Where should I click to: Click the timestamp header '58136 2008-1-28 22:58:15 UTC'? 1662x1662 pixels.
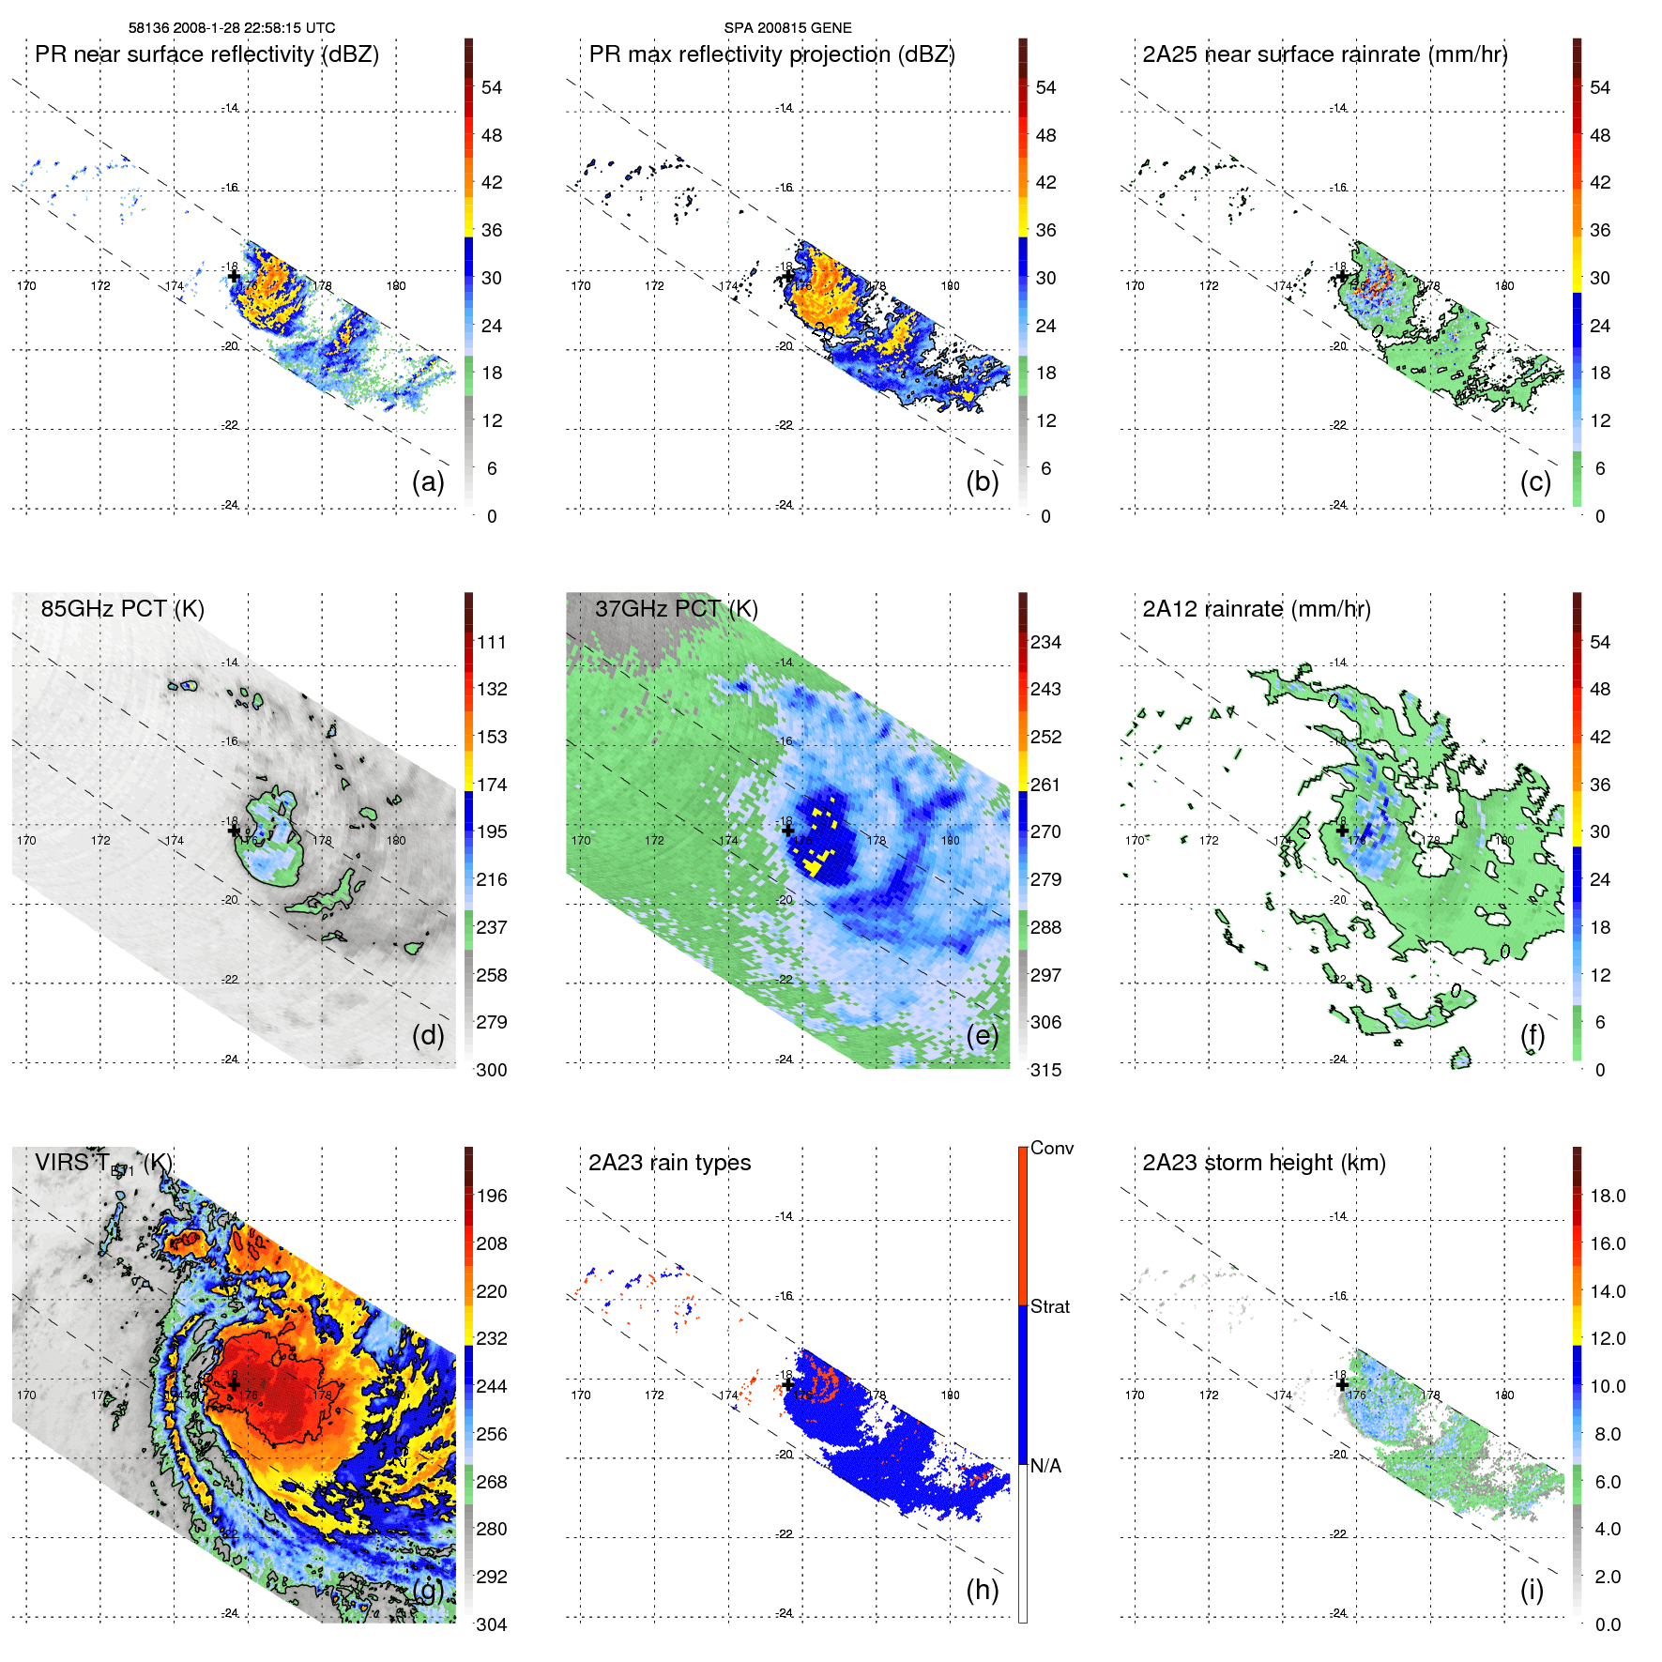(231, 28)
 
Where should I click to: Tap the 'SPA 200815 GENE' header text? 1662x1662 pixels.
(787, 28)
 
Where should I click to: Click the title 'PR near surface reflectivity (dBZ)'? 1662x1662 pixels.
(206, 54)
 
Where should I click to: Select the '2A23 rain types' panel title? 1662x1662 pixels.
(669, 1163)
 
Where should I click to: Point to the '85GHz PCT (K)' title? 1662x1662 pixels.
(122, 609)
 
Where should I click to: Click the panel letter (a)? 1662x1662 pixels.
(428, 481)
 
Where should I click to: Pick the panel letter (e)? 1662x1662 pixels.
(982, 1035)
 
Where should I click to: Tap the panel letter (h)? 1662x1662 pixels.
(982, 1589)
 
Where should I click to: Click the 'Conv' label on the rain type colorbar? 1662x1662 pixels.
(1051, 1148)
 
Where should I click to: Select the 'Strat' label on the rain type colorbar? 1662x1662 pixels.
(1049, 1306)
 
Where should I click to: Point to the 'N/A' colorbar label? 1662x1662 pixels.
(1045, 1466)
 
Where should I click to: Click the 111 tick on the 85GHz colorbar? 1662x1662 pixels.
(491, 642)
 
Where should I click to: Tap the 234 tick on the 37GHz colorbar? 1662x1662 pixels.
(1045, 642)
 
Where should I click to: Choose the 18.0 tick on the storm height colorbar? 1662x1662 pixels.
(1607, 1196)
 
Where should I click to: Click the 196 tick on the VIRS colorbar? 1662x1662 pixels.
(491, 1196)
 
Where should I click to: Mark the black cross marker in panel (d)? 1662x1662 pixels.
(234, 830)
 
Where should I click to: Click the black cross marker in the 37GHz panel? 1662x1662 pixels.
(787, 830)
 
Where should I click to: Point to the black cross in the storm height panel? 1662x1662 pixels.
(1342, 1384)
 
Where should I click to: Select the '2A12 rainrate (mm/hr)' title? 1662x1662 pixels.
(1256, 609)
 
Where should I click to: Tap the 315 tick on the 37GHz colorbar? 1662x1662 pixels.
(1045, 1070)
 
